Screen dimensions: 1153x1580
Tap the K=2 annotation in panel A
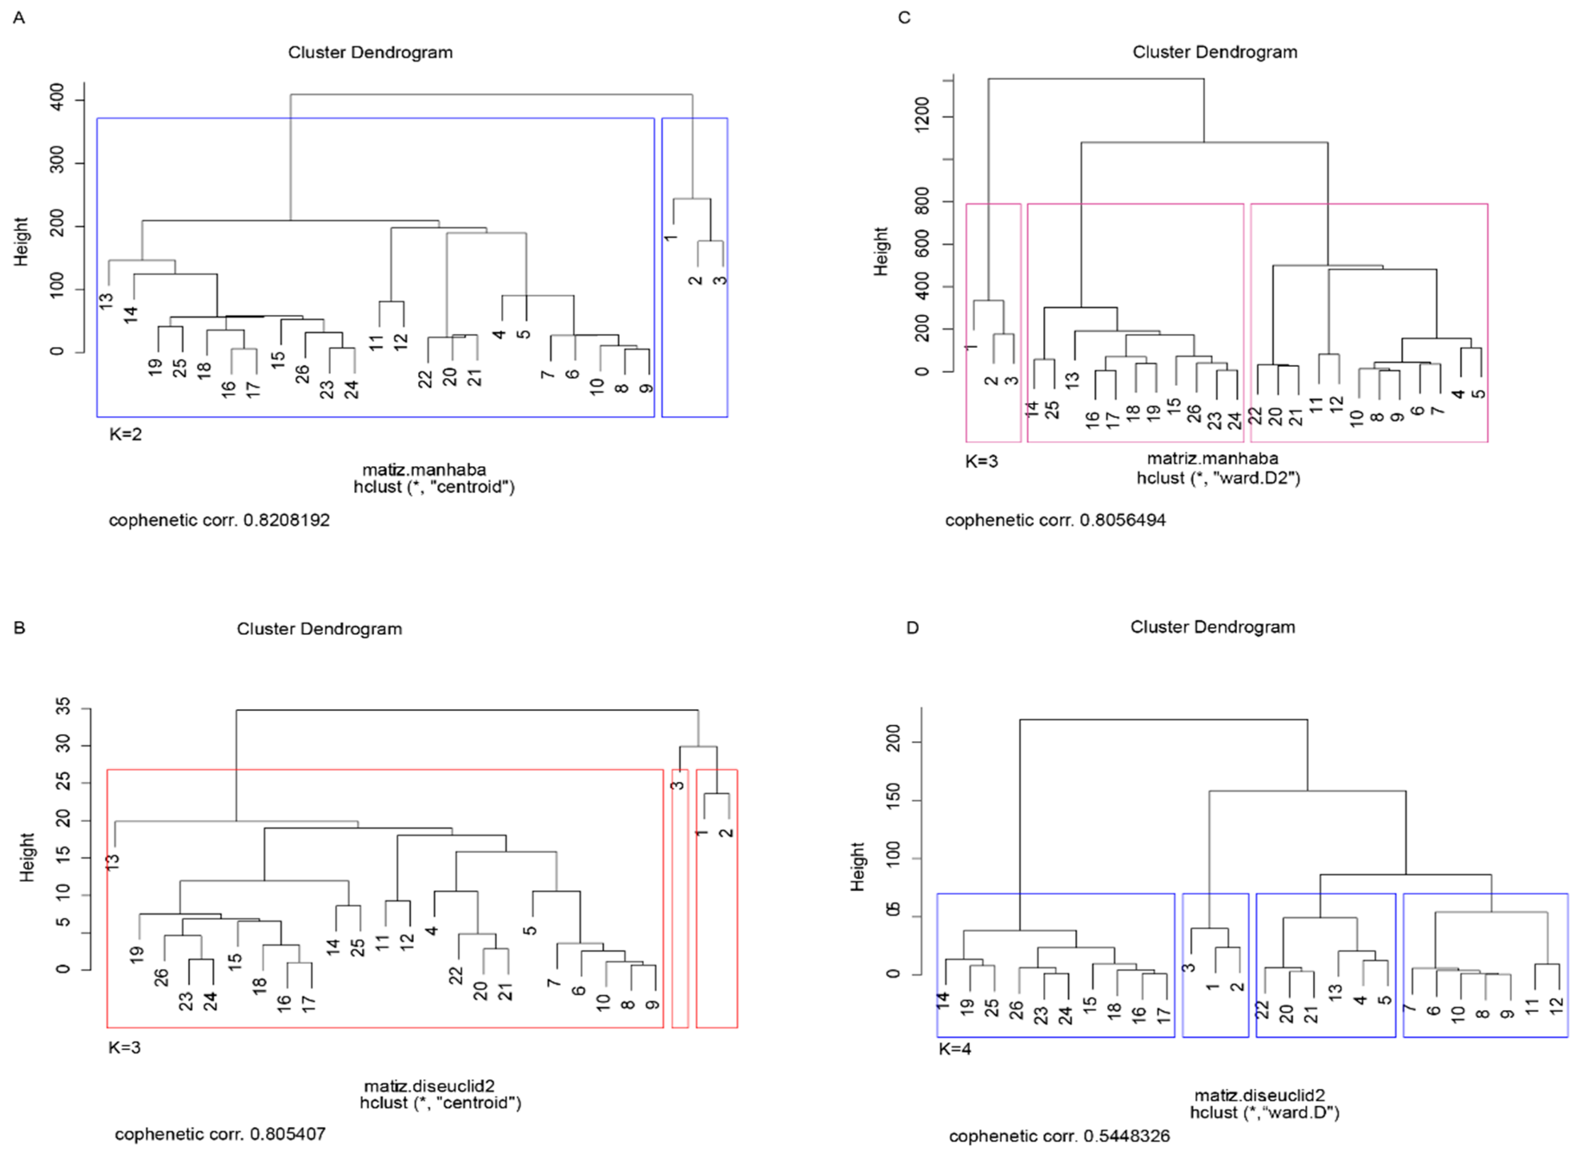pyautogui.click(x=125, y=434)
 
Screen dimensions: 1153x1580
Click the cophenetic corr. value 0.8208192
pyautogui.click(x=286, y=520)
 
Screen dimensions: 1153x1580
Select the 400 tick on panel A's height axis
pyautogui.click(x=58, y=97)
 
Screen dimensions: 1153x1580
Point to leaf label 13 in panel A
pyautogui.click(x=105, y=301)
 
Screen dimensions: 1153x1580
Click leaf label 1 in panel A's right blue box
pyautogui.click(x=670, y=238)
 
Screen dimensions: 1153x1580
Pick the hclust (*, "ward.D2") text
pyautogui.click(x=1218, y=478)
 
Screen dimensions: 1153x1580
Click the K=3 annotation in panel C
pyautogui.click(x=981, y=461)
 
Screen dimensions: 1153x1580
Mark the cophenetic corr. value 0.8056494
pyautogui.click(x=1122, y=520)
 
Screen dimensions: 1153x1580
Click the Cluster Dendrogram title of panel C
pyautogui.click(x=1214, y=51)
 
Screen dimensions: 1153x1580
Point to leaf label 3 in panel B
pyautogui.click(x=677, y=785)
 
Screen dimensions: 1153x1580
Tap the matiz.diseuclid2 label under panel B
pyautogui.click(x=429, y=1086)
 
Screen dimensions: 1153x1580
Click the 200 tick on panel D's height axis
pyautogui.click(x=894, y=742)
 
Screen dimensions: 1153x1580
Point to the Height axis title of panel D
pyautogui.click(x=857, y=867)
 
